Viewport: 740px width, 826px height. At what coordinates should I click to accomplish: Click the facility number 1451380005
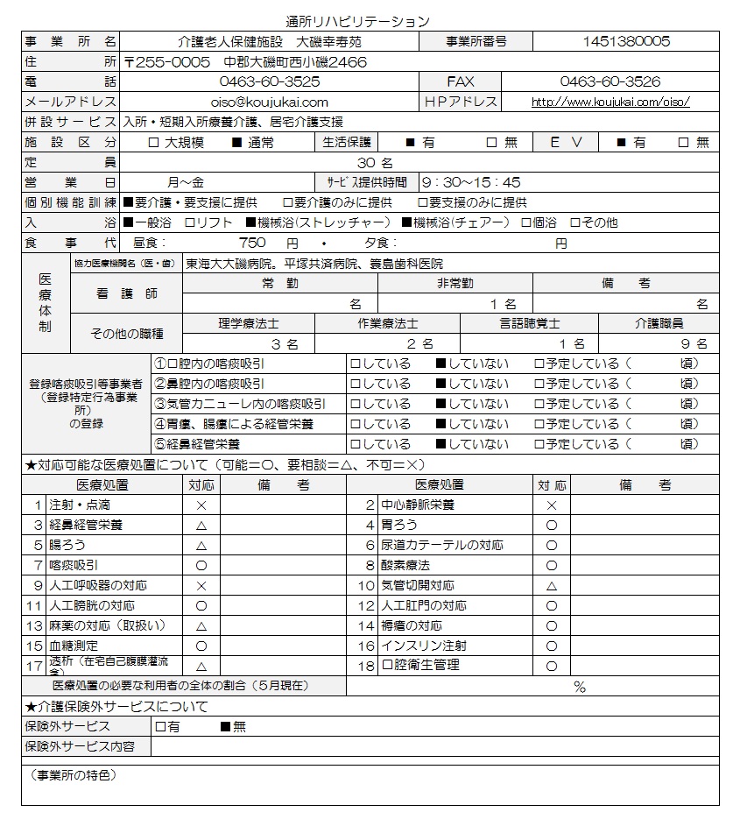pyautogui.click(x=626, y=41)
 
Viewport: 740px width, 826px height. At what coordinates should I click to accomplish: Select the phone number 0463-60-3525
pyautogui.click(x=269, y=81)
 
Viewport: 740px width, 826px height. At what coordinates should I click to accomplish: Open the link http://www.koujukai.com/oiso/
pyautogui.click(x=610, y=102)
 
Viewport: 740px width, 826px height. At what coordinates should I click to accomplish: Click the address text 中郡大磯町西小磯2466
pyautogui.click(x=295, y=62)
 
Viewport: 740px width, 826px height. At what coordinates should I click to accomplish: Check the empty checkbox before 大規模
pyautogui.click(x=153, y=143)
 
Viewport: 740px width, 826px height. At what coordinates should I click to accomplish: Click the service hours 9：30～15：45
pyautogui.click(x=470, y=183)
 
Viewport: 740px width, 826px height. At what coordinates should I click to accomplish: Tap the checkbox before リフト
pyautogui.click(x=190, y=223)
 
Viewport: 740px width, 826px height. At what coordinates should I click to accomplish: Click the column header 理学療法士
pyautogui.click(x=249, y=324)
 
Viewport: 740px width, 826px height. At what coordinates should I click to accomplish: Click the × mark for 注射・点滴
pyautogui.click(x=201, y=506)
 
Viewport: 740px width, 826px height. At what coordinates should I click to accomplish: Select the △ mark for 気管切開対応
pyautogui.click(x=552, y=586)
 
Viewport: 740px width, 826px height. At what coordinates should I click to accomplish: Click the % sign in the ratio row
pyautogui.click(x=579, y=688)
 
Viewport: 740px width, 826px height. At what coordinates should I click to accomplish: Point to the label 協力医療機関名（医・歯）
pyautogui.click(x=123, y=263)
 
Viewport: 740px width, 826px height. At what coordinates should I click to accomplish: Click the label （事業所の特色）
pyautogui.click(x=71, y=776)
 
